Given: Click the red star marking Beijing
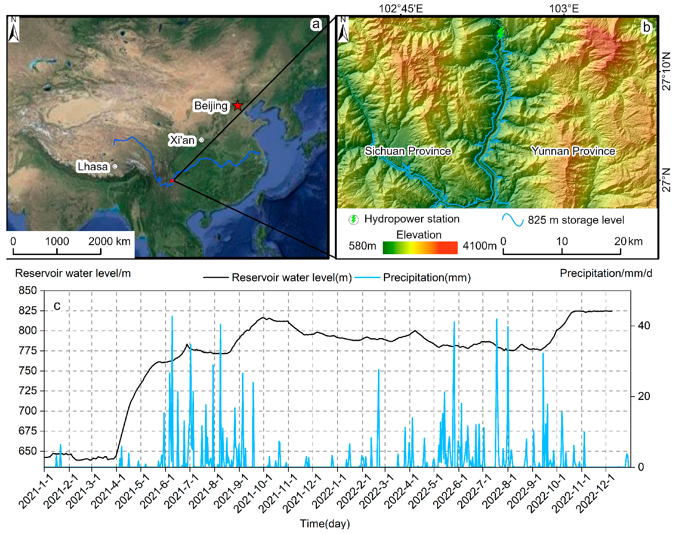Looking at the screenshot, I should [x=237, y=106].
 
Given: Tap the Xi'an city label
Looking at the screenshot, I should [x=182, y=140].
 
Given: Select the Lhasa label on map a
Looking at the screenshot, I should [x=93, y=166].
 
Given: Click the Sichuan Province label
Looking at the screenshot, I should [x=408, y=151].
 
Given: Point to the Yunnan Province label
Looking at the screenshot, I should [x=573, y=151].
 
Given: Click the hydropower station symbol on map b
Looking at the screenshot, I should [x=501, y=34].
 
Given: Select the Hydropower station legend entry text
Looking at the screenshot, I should [x=412, y=219].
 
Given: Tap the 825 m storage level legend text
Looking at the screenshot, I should [x=576, y=220].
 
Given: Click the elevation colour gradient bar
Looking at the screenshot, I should [x=420, y=248].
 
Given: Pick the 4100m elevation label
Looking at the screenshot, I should [x=479, y=246].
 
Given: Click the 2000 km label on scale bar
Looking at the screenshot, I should [x=109, y=241].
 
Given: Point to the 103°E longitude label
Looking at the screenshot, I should [x=564, y=9].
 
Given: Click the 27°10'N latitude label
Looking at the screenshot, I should [x=666, y=71].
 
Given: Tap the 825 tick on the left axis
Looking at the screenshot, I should [x=28, y=310].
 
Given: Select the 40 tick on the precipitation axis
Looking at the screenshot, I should [x=644, y=325].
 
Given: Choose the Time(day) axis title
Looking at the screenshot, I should [x=325, y=523].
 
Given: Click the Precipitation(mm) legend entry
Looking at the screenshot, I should [x=427, y=277].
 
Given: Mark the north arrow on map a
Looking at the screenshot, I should [x=14, y=30].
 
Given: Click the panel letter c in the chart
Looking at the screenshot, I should [x=57, y=306].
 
